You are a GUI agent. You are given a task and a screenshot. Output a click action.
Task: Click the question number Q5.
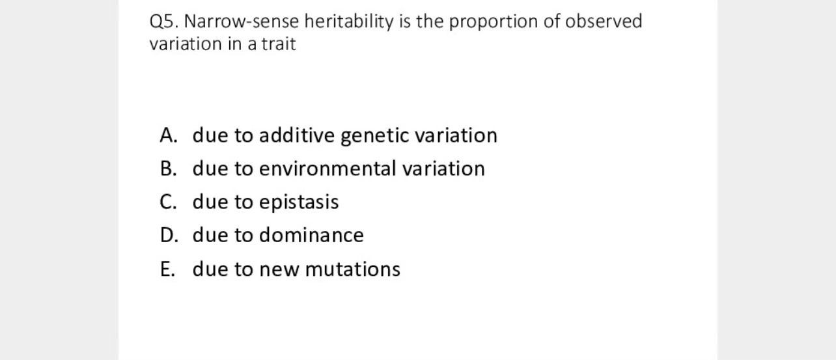click(x=163, y=22)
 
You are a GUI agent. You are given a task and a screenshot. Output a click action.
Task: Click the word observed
click(x=603, y=22)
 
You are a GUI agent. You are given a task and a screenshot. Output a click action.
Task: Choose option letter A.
click(x=169, y=135)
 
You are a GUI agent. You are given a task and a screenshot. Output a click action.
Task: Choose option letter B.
click(x=168, y=169)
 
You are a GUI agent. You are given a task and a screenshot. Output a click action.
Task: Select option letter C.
click(x=168, y=202)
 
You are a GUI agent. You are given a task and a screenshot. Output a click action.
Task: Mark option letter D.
click(x=169, y=235)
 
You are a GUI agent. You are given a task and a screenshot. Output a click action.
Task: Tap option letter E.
click(x=167, y=269)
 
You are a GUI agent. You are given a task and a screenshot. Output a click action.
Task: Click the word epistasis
click(x=299, y=202)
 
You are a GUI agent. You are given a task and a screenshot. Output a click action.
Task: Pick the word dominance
click(x=311, y=235)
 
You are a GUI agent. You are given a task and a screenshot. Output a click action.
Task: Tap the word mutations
click(x=352, y=269)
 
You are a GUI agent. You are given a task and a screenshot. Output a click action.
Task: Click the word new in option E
click(x=279, y=269)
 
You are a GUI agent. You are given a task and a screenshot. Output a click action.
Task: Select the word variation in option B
click(x=443, y=169)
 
